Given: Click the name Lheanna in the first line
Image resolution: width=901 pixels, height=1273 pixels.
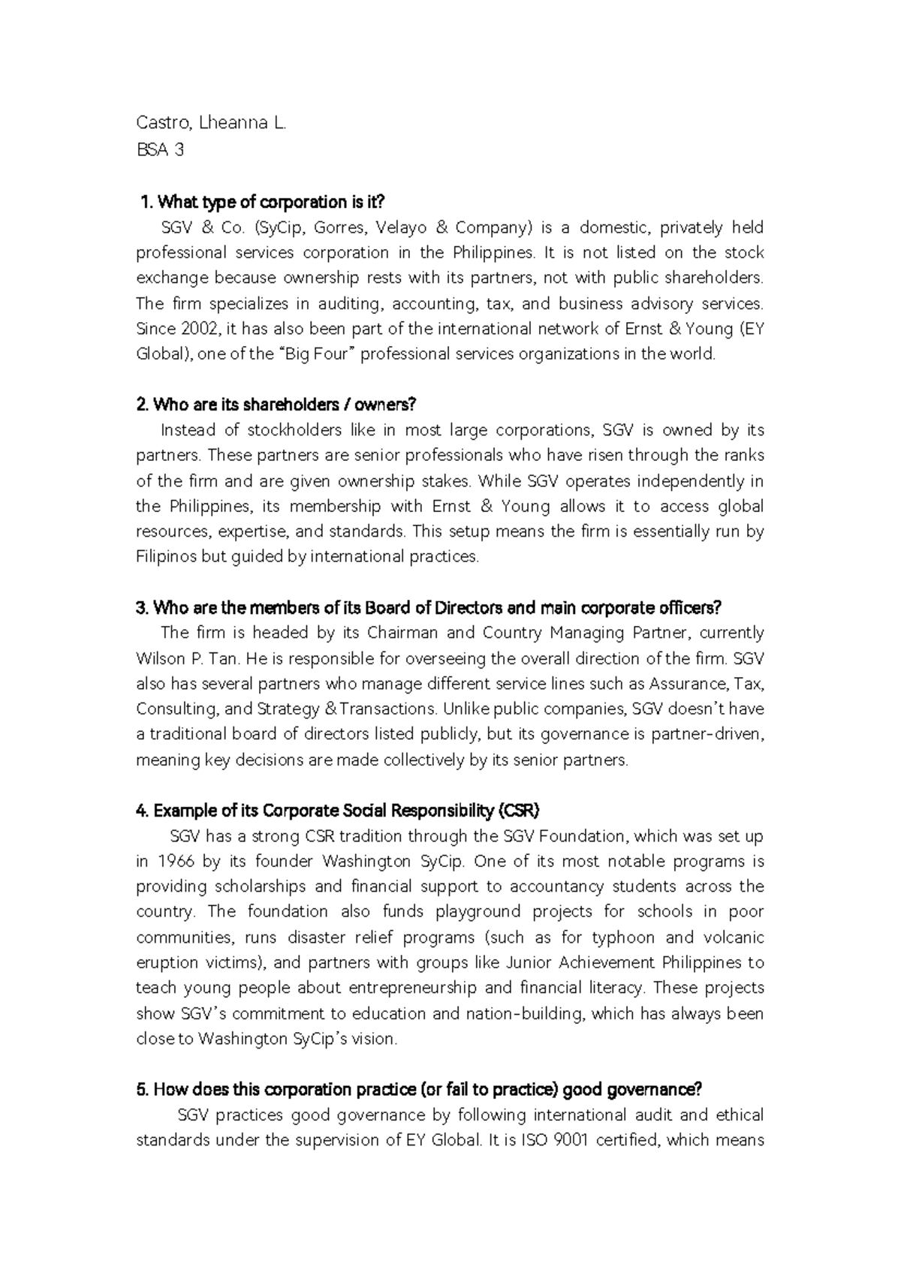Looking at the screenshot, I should click(x=235, y=124).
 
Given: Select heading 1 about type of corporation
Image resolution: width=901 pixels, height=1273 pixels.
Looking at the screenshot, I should click(x=262, y=202).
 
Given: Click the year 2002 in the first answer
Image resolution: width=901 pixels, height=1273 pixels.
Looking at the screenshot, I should click(x=200, y=329).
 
